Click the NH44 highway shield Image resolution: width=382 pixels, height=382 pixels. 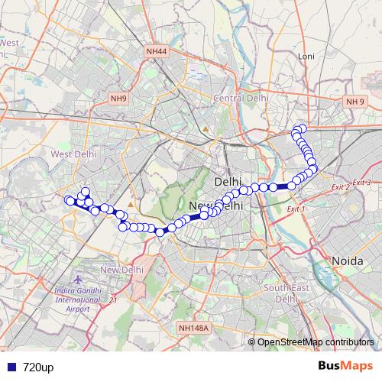(x=157, y=51)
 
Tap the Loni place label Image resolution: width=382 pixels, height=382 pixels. (x=306, y=57)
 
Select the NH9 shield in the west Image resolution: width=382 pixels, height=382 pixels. (x=118, y=98)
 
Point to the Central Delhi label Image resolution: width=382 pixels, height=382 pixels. (x=241, y=98)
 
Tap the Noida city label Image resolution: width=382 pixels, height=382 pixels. (x=348, y=261)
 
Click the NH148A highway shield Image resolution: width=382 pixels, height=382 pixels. (x=193, y=328)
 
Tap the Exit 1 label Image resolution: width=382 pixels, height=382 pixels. (x=295, y=209)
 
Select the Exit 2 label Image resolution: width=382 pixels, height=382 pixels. (x=341, y=186)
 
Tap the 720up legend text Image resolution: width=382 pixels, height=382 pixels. (x=38, y=367)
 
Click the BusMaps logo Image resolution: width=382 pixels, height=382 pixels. (x=345, y=367)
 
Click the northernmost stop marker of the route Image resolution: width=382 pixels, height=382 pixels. (x=302, y=128)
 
